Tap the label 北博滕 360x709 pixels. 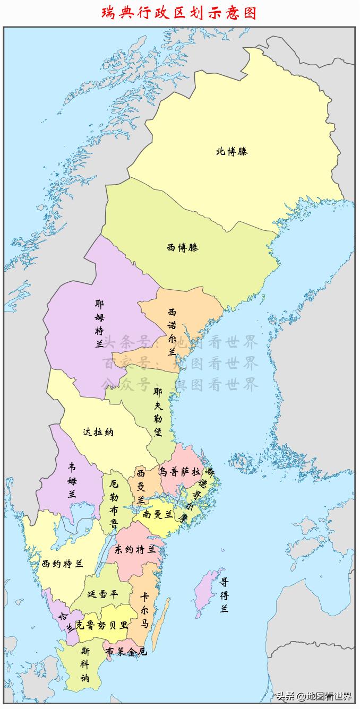[232, 151]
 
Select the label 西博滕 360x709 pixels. [182, 247]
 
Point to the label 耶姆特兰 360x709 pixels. [99, 324]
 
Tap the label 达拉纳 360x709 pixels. [98, 432]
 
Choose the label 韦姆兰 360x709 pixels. [72, 480]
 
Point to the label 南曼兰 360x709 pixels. [158, 514]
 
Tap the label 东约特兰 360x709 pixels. [135, 549]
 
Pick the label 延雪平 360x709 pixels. [102, 594]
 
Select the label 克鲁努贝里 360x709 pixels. [101, 625]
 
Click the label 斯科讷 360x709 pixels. [85, 664]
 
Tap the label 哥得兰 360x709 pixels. [225, 595]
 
